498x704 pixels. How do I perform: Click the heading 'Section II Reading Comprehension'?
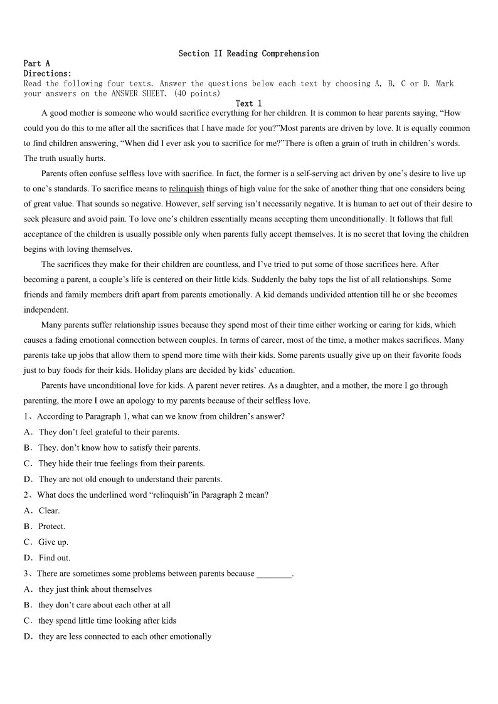pos(248,54)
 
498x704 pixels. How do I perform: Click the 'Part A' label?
pos(36,63)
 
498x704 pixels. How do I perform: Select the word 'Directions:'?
pos(48,73)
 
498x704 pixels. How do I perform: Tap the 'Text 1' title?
pos(248,103)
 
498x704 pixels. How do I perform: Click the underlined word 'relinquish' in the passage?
pos(186,189)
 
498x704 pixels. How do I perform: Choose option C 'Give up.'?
pos(53,542)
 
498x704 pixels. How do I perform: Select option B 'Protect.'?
pos(51,527)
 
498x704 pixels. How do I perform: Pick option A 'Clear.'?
pos(49,511)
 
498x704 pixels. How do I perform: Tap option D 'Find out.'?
pos(55,558)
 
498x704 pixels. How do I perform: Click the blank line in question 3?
pos(274,574)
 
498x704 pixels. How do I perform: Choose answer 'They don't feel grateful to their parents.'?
pos(109,432)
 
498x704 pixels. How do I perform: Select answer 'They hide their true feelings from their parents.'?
pos(121,464)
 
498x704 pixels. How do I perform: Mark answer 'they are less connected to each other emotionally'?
pos(125,637)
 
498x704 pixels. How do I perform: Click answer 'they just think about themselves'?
pos(95,589)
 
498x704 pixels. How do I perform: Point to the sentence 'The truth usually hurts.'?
pos(65,159)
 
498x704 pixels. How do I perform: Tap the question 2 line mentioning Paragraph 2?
pos(152,495)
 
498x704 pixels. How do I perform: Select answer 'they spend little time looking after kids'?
pos(107,621)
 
